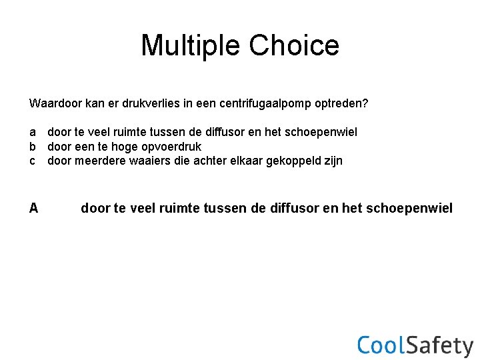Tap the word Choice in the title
pos(294,45)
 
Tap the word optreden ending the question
pos(343,104)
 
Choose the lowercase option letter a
pos(33,133)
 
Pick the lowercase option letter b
pos(33,147)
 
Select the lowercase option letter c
pos(33,161)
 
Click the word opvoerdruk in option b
pos(171,147)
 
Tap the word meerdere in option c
pos(99,161)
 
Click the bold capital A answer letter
pos(33,209)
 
